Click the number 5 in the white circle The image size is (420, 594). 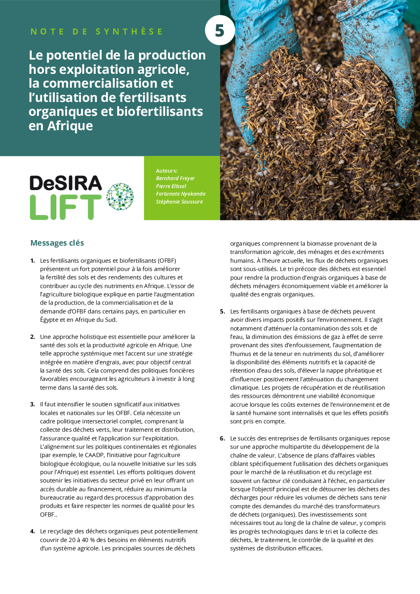point(220,31)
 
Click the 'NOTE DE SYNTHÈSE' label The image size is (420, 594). point(96,32)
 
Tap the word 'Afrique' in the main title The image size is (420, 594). point(70,126)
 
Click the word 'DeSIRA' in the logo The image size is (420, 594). point(66,183)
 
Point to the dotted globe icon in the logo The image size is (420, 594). point(120,196)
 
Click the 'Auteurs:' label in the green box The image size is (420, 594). point(167,171)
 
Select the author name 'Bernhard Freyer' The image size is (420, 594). point(175,179)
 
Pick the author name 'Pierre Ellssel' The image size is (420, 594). point(171,186)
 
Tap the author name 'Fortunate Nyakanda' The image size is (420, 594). point(181,194)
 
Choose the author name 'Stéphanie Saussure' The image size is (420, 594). point(179,202)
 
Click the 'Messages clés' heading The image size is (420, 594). point(57,243)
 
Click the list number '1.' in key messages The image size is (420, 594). point(33,261)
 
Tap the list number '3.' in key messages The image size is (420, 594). point(33,404)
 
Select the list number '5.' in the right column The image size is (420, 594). point(222,311)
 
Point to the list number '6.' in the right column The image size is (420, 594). point(222,438)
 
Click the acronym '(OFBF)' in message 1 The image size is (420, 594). point(167,261)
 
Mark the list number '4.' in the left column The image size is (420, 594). point(33,531)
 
